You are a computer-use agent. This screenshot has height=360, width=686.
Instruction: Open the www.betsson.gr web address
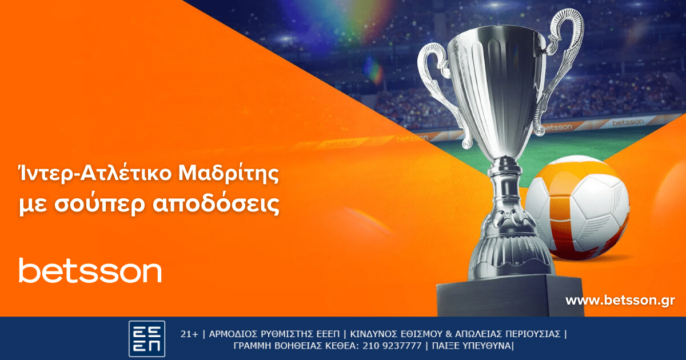click(620, 300)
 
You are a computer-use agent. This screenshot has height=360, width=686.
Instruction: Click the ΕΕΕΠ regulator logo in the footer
click(147, 339)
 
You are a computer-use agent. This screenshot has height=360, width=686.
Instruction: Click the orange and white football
click(577, 208)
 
